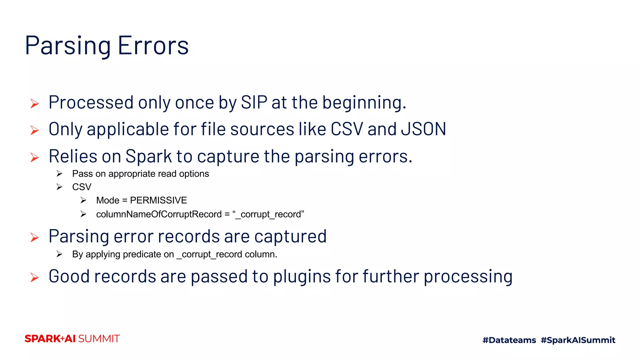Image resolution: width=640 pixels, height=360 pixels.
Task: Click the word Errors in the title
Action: pos(153,46)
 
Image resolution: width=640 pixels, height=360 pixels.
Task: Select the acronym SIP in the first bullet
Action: pos(254,102)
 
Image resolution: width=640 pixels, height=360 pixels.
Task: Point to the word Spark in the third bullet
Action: pos(148,156)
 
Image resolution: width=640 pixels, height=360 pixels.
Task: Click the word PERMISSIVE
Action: pos(158,200)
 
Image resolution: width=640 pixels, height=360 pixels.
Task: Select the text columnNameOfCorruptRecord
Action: pos(159,214)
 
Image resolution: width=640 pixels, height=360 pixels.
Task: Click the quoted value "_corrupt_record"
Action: pos(268,214)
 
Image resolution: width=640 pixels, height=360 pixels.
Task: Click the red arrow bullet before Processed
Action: pos(35,103)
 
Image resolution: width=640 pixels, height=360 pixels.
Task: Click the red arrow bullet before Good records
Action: pos(35,277)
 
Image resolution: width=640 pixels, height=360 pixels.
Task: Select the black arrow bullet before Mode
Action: pos(83,200)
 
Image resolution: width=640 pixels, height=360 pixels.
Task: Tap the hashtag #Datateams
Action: pos(509,340)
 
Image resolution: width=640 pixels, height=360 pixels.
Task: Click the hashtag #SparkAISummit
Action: pos(578,340)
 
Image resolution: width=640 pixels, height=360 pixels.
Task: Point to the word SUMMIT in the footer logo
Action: pos(99,339)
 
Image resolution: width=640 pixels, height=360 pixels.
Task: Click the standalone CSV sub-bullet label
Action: pos(82,187)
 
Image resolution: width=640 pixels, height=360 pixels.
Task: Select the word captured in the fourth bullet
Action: pos(290,237)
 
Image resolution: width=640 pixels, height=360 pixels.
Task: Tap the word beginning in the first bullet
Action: pos(364,102)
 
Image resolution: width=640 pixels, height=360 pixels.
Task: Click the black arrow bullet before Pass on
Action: pos(59,173)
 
